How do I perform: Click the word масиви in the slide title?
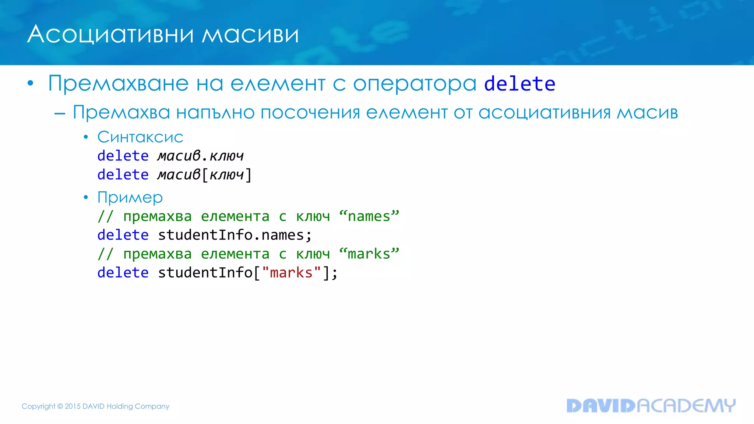pos(250,35)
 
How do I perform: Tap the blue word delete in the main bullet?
pos(519,84)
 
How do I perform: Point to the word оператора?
pos(415,84)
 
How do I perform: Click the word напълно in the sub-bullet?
pos(215,112)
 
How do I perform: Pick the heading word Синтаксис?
pos(140,137)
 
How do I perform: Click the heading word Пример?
pos(130,198)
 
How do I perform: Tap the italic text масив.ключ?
pos(201,156)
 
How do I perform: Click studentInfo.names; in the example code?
pos(235,235)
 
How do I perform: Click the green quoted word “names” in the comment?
pos(369,216)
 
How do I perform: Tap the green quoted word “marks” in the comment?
pos(369,254)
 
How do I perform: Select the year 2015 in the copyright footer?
pos(73,406)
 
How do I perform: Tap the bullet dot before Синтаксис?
pos(86,137)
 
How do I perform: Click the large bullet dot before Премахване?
pos(31,84)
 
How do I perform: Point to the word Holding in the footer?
pos(120,406)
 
